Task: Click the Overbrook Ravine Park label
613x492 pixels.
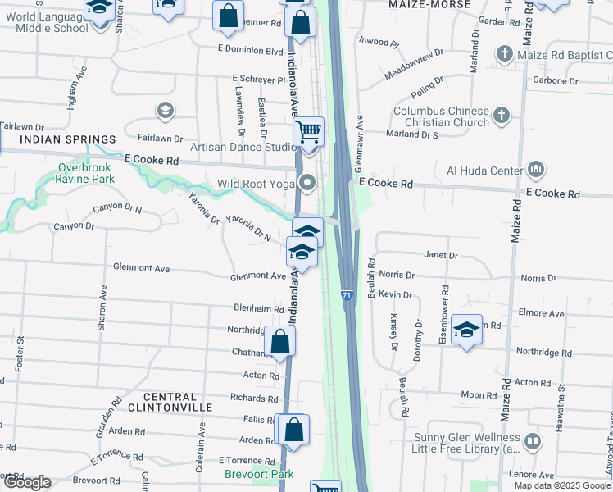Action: (85, 173)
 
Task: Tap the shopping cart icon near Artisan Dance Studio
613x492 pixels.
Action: (309, 131)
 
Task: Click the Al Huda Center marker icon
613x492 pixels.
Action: (537, 171)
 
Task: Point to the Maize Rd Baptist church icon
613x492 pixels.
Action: (504, 55)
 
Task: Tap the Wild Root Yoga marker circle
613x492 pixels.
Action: (307, 184)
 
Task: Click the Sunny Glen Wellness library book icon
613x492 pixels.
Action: (533, 442)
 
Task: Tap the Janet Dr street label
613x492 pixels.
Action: (441, 256)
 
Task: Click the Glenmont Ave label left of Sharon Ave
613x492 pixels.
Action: (141, 268)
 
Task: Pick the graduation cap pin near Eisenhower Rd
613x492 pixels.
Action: (466, 330)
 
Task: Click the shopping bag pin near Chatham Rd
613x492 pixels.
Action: (280, 343)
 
